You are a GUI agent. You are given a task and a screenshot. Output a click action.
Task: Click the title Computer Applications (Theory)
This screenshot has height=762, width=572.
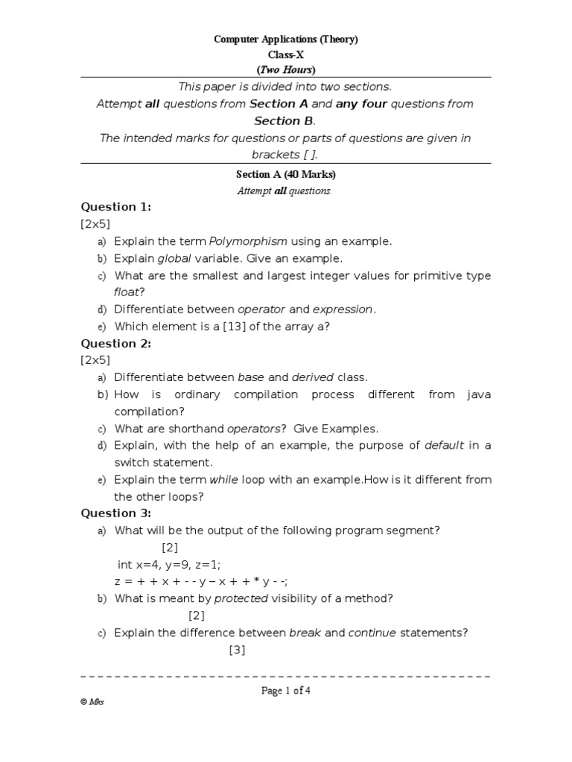tap(286, 39)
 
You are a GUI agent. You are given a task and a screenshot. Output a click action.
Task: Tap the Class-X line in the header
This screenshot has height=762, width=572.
tap(286, 54)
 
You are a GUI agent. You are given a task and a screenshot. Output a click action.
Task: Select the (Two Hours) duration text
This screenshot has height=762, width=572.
tap(286, 69)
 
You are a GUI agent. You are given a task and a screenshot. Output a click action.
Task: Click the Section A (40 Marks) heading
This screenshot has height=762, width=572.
tap(286, 175)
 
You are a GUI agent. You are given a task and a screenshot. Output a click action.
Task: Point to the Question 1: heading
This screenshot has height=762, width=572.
tap(115, 207)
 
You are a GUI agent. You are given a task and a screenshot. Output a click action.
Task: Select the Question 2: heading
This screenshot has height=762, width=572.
tap(115, 343)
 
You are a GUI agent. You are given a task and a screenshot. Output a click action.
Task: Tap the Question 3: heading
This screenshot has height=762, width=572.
tap(115, 513)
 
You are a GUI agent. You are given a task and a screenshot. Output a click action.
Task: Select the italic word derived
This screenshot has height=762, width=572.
tap(313, 377)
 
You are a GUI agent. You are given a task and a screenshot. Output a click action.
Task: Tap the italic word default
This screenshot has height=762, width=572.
tap(444, 445)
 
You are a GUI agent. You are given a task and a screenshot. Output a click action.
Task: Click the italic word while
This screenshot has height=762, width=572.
tap(223, 479)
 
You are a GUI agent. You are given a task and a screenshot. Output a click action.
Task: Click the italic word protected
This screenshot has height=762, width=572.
tap(241, 598)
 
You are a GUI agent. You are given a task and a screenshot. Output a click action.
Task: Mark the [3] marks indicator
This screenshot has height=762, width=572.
tap(237, 650)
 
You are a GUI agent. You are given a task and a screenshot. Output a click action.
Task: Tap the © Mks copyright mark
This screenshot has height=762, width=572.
tap(92, 702)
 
